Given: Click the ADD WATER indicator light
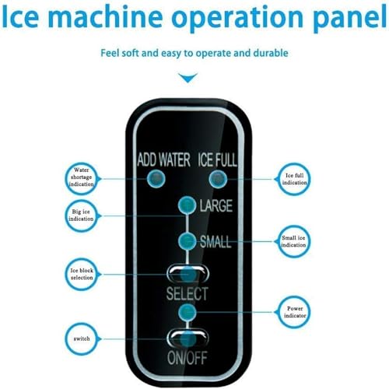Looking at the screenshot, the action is click(156, 179).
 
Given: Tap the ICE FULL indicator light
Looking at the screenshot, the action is click(218, 179).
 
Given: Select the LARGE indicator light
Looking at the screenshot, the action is click(187, 205).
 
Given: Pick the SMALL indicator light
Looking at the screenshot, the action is click(187, 241).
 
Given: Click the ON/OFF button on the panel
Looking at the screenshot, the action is click(187, 338).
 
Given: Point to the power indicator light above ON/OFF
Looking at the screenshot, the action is click(187, 312).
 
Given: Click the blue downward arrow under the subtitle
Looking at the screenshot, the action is click(187, 78).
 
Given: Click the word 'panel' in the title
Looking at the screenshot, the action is click(349, 17).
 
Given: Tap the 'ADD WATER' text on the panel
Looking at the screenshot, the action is click(164, 159).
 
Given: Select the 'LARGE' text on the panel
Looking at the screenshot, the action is click(216, 205).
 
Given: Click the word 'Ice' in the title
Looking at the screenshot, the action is click(20, 16).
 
